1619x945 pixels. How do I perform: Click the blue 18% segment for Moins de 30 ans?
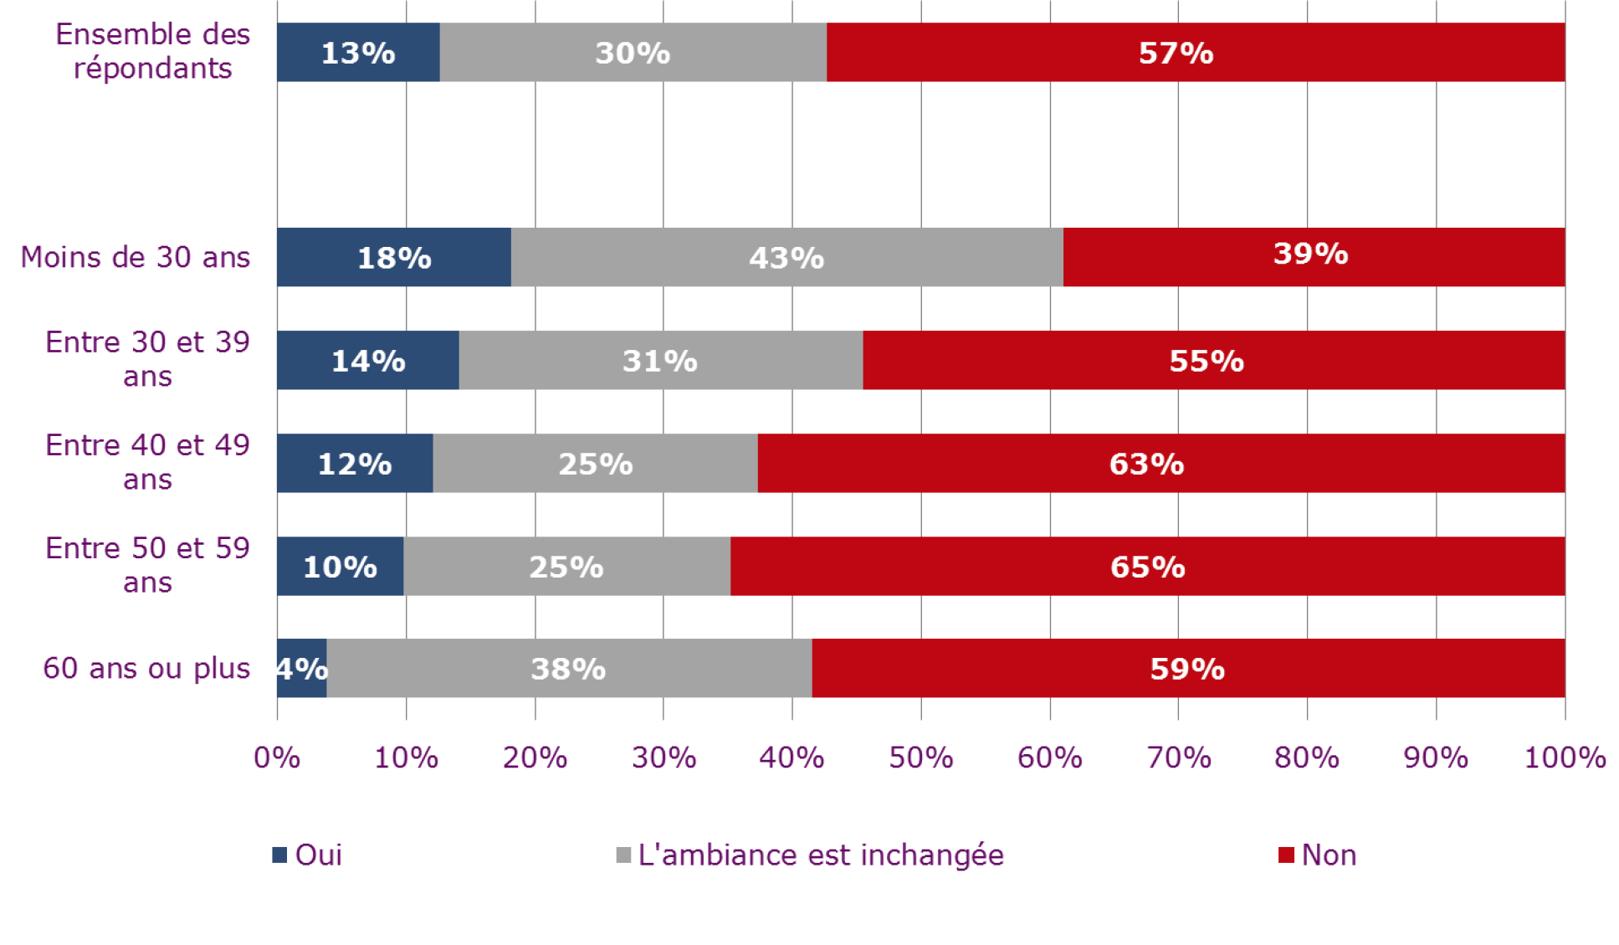[x=393, y=257]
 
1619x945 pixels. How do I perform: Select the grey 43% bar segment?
[x=786, y=257]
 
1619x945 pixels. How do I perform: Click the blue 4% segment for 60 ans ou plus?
[x=301, y=668]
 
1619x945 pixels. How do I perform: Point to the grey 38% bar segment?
[x=569, y=668]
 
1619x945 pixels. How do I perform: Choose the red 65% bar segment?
[x=1147, y=566]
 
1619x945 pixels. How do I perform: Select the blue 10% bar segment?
[x=340, y=566]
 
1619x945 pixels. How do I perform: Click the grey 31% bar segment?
[x=660, y=360]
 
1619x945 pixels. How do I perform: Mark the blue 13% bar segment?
[x=358, y=52]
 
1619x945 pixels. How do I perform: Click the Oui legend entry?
[x=308, y=855]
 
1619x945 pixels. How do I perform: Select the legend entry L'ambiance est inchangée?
[x=810, y=855]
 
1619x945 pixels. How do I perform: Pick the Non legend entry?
[x=1318, y=855]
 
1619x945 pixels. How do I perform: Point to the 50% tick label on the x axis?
[x=920, y=758]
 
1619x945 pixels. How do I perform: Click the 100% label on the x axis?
[x=1564, y=758]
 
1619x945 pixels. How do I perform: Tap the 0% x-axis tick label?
[x=277, y=758]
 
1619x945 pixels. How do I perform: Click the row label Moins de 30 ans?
[x=136, y=257]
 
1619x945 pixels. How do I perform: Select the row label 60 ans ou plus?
[x=146, y=668]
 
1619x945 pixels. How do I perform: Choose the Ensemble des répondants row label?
[x=153, y=51]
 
